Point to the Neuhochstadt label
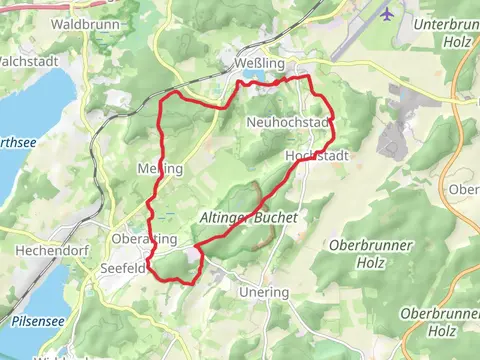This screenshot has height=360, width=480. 287,121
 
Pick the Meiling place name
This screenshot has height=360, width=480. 159,169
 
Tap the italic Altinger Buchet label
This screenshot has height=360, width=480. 249,216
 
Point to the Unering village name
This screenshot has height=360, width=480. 264,292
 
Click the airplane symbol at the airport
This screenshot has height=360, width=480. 387,14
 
